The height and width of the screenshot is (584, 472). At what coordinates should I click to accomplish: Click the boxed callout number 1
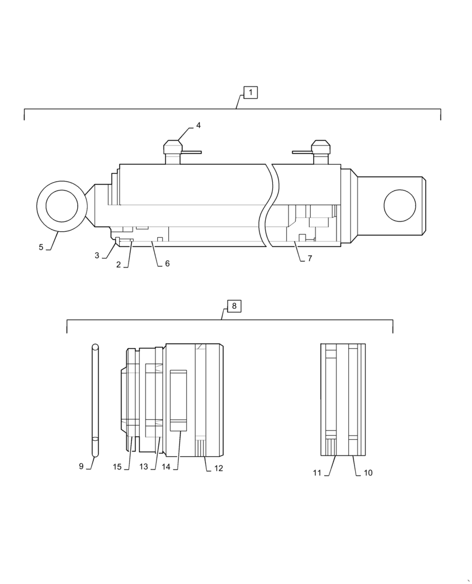coord(250,92)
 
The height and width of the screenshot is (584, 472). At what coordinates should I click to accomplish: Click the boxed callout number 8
coord(234,306)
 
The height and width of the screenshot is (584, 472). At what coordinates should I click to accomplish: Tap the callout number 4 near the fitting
coord(198,126)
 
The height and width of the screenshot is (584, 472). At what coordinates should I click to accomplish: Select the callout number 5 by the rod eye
coord(41,247)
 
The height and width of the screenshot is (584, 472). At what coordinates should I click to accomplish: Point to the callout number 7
coord(310,258)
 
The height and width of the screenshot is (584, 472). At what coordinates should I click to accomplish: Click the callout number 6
coord(167,264)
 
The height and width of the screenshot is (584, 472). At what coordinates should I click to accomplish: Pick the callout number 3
coord(97,256)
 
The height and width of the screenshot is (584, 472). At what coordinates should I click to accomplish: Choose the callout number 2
coord(119,265)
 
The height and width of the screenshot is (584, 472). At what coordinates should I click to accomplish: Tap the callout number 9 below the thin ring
coord(81,466)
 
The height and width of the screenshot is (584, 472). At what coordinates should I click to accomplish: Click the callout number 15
coord(117,467)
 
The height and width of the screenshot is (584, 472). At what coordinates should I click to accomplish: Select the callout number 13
coord(144,467)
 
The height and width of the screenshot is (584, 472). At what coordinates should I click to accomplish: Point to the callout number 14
coord(166,467)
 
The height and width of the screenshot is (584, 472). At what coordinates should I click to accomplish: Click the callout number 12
coord(218,468)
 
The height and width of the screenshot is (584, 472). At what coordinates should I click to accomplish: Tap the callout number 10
coord(368,472)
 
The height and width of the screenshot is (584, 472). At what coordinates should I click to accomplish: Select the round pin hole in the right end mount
coord(400,206)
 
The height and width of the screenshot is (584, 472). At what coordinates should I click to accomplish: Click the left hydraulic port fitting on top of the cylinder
coord(173,151)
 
